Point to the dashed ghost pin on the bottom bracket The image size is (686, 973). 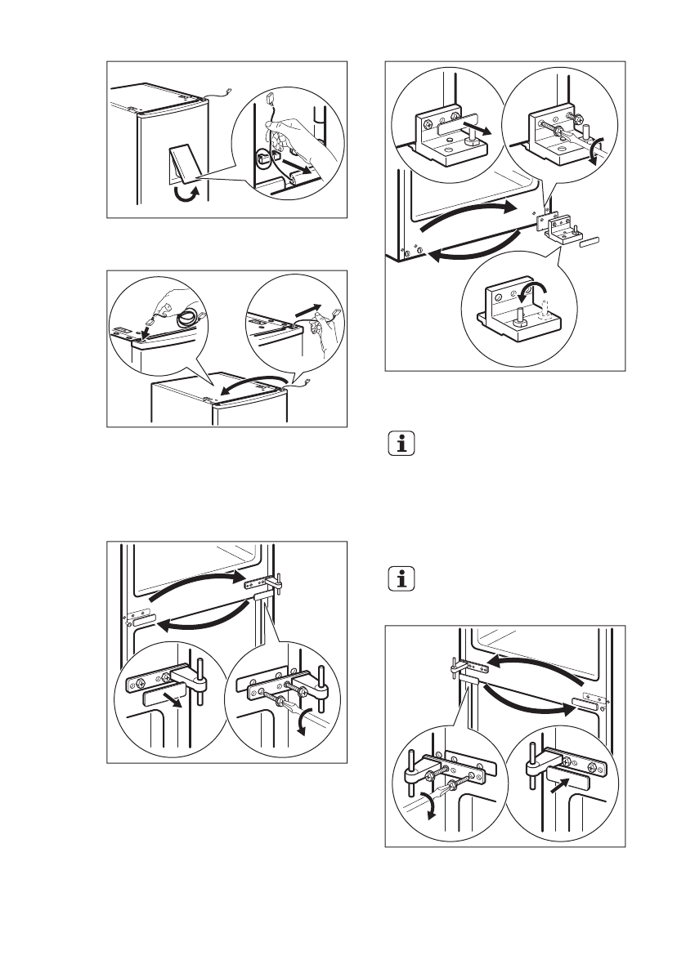point(542,309)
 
